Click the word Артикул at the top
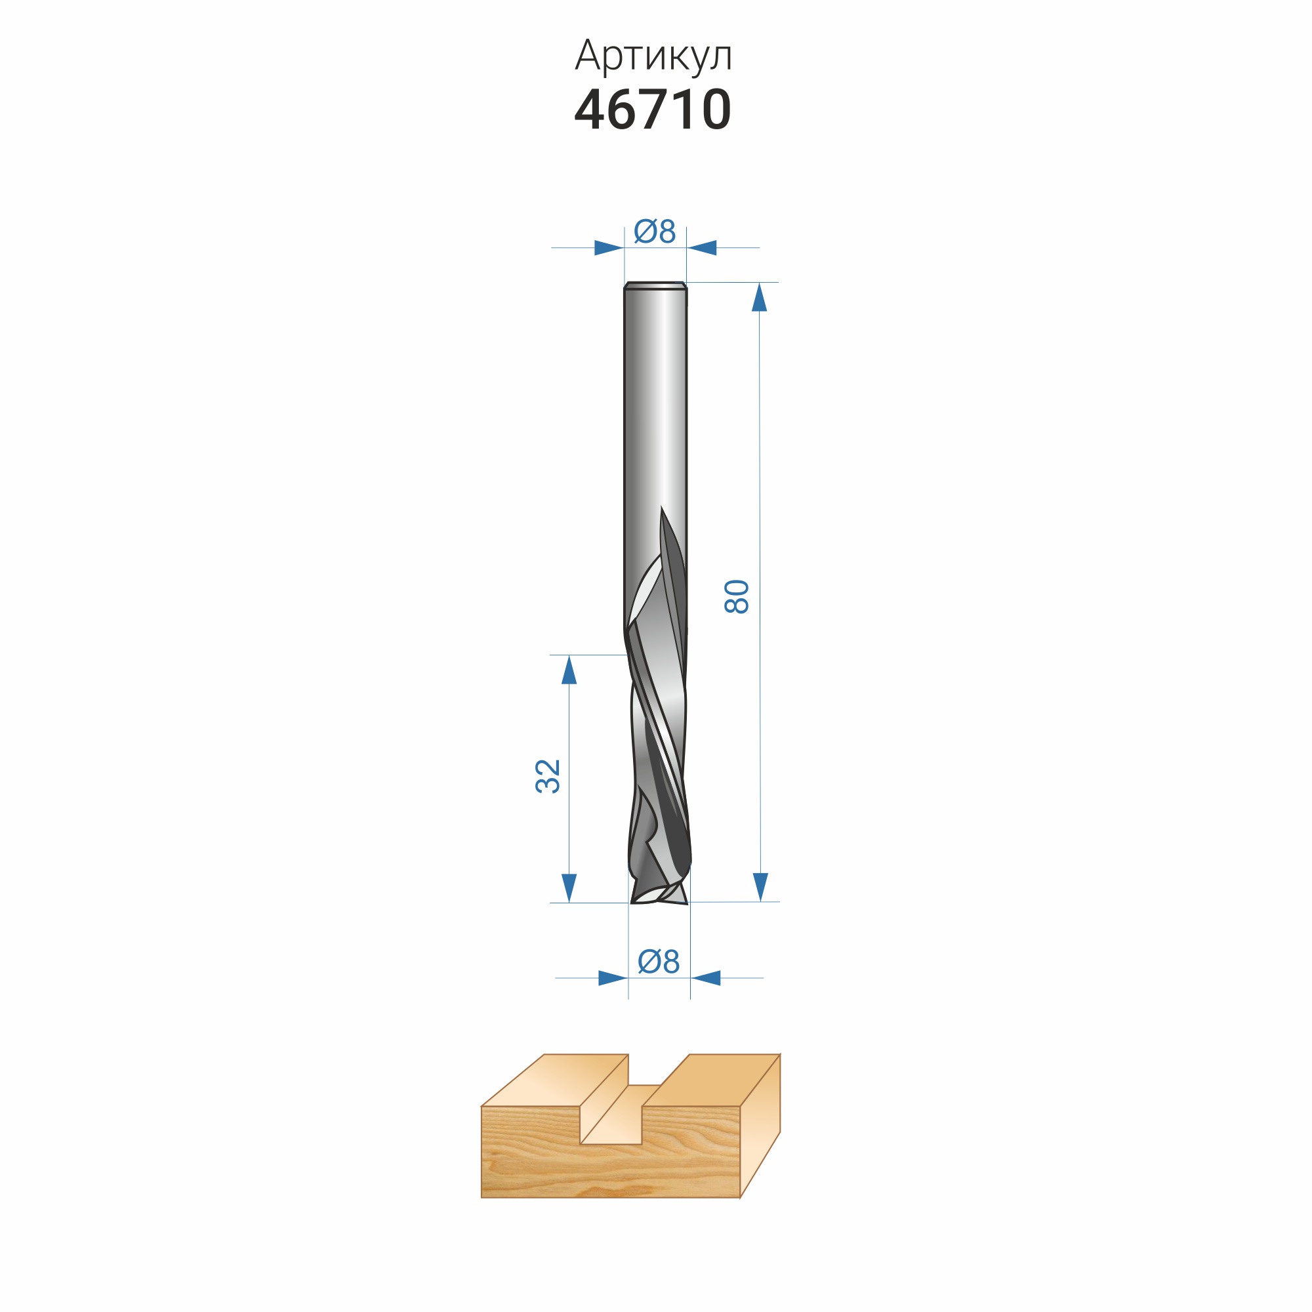pyautogui.click(x=653, y=56)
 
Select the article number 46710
pyautogui.click(x=653, y=110)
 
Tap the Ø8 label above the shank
pyautogui.click(x=655, y=231)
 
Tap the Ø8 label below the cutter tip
pyautogui.click(x=659, y=962)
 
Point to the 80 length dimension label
pyautogui.click(x=737, y=597)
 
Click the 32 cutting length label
pyautogui.click(x=548, y=776)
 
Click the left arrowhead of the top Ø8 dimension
pyautogui.click(x=609, y=248)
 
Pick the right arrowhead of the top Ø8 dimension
pyautogui.click(x=701, y=248)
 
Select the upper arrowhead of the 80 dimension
pyautogui.click(x=759, y=297)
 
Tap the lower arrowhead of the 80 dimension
pyautogui.click(x=760, y=887)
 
